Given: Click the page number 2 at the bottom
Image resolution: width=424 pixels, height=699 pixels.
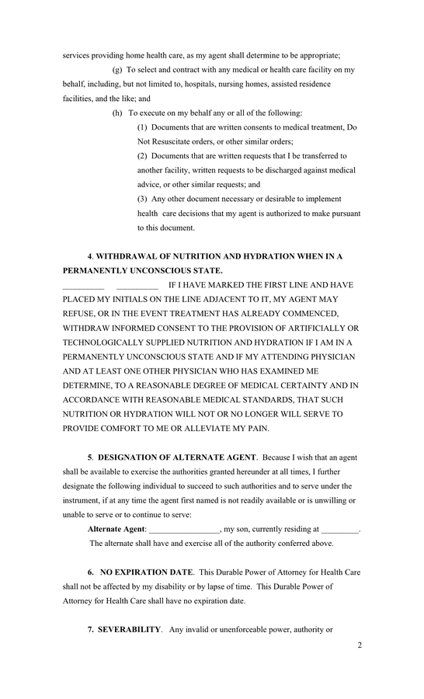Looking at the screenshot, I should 360,645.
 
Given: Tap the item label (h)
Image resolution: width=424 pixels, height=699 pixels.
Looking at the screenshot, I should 118,113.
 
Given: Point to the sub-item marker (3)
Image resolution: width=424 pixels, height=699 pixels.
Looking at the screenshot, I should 143,199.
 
